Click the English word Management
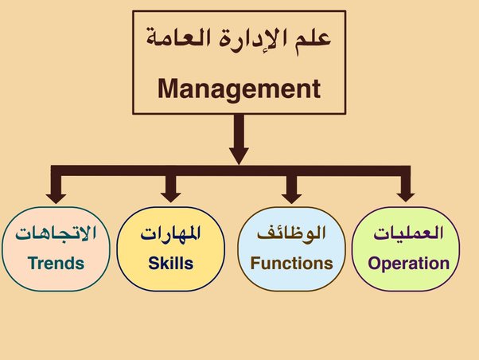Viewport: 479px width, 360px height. (x=239, y=90)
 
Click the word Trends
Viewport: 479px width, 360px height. (x=56, y=264)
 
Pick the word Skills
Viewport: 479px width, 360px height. (x=171, y=264)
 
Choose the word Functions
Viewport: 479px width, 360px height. (x=291, y=264)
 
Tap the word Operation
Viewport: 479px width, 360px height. (x=409, y=264)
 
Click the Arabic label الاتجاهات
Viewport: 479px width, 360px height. (x=56, y=233)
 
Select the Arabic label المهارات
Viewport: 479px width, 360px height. (x=171, y=233)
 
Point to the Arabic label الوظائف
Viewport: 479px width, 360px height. (x=291, y=233)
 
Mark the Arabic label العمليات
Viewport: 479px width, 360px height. (x=408, y=233)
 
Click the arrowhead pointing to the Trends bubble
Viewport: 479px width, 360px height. (x=56, y=198)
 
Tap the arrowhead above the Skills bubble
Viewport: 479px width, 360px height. (x=171, y=198)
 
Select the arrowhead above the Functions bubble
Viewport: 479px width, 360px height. (x=292, y=198)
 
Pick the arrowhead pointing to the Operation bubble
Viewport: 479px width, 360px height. (x=405, y=198)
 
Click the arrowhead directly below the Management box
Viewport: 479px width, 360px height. (x=239, y=156)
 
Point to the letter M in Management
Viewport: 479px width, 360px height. (x=169, y=88)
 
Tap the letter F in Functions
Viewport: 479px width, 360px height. (x=255, y=264)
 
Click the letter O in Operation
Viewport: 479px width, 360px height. (x=374, y=264)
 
